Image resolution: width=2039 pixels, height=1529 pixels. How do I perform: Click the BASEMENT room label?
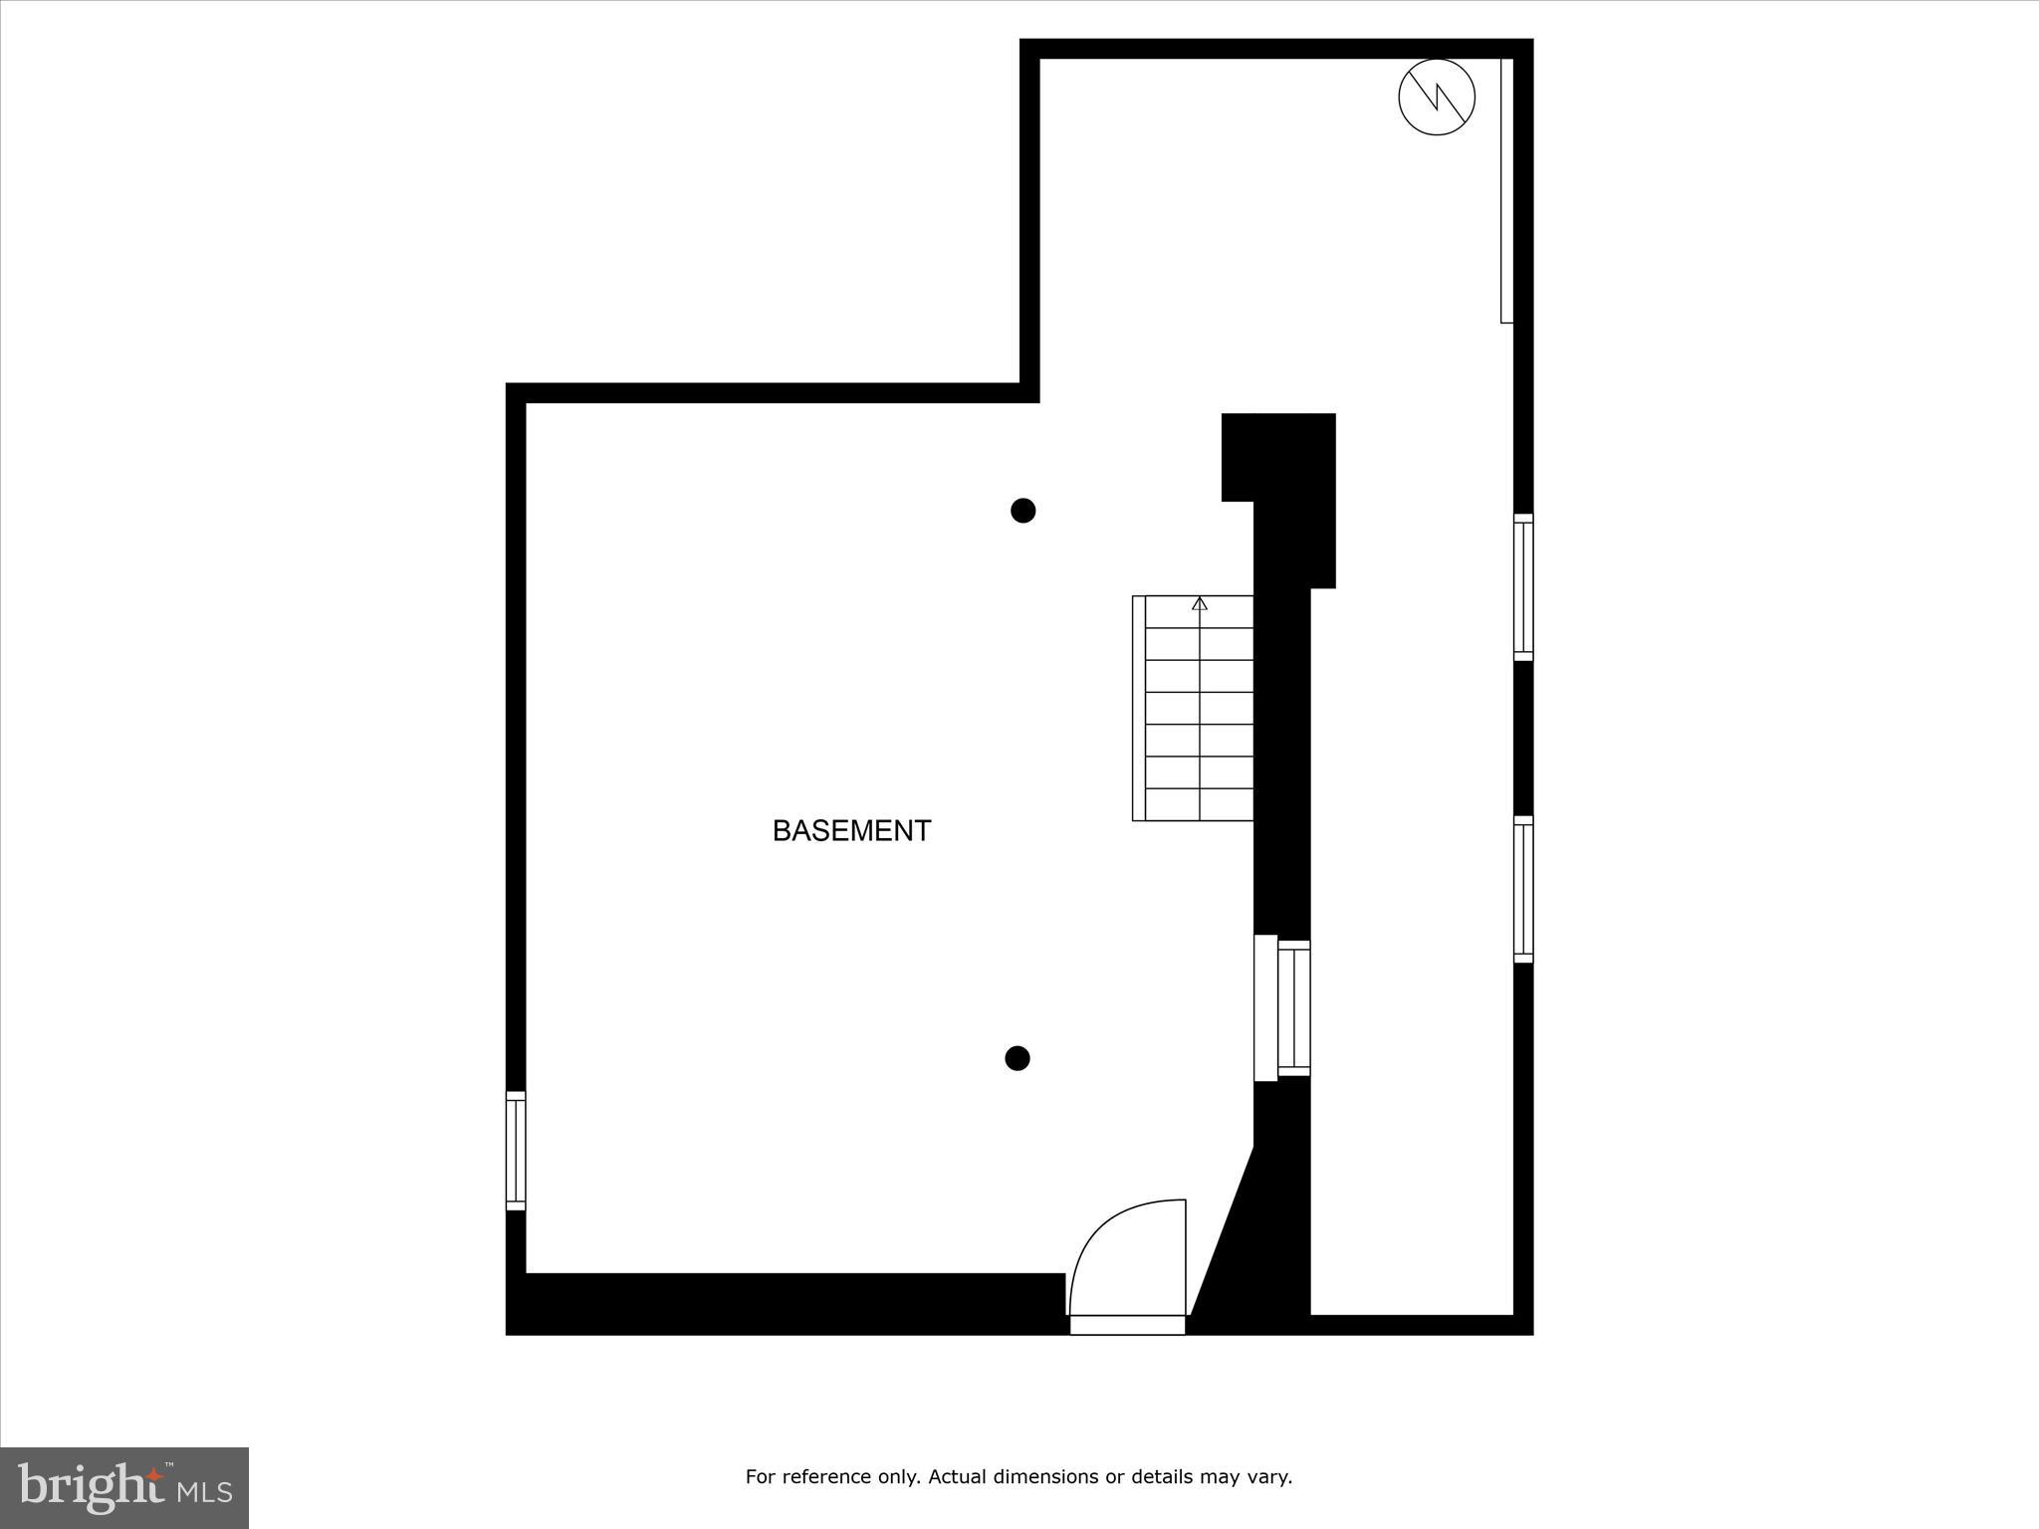851,830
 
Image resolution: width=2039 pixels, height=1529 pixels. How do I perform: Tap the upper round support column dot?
1022,511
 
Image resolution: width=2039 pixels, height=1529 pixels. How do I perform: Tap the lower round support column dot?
1017,1058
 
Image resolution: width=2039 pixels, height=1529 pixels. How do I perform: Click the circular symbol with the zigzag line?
1436,98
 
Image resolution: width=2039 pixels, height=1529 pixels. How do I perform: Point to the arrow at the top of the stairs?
1200,603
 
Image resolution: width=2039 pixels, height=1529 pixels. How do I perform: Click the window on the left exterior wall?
516,1151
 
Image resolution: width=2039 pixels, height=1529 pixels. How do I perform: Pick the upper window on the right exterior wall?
1523,587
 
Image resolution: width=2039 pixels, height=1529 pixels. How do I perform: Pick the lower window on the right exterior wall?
1523,889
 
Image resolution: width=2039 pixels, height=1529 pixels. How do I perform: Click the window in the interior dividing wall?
1293,1007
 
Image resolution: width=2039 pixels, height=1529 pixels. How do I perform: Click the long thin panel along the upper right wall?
1506,189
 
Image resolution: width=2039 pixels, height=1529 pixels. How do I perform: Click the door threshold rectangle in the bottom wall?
1127,1325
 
